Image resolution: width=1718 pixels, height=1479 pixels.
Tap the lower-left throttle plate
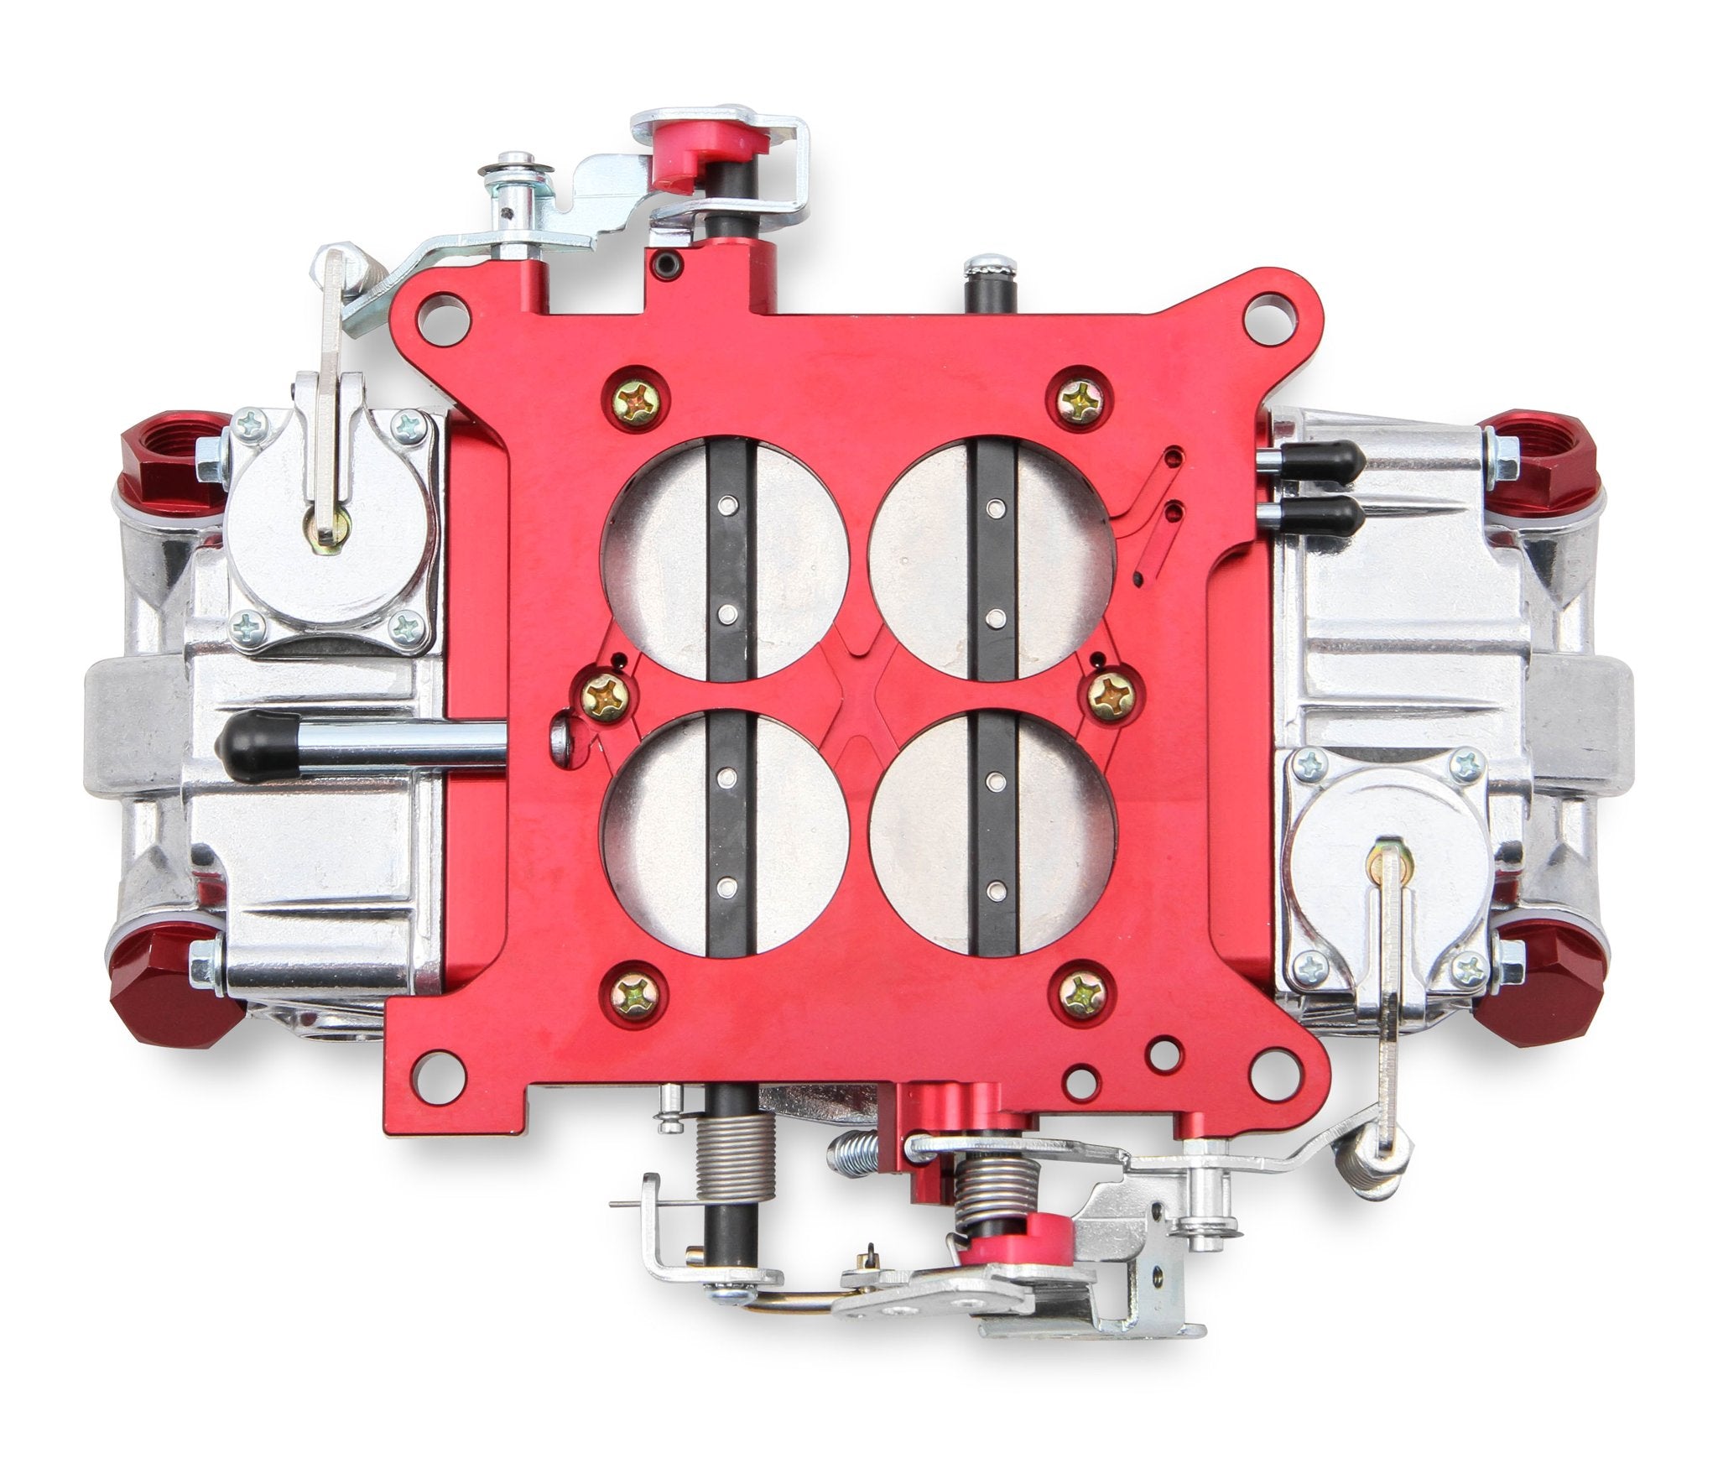[663, 835]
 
